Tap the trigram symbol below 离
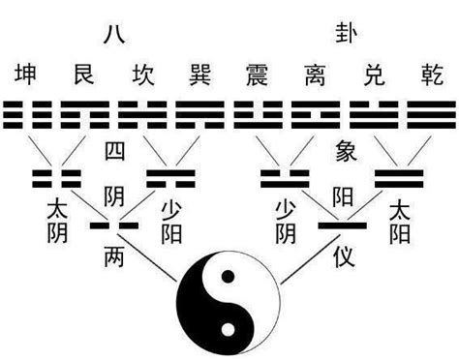pyautogui.click(x=316, y=113)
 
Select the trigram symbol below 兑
pyautogui.click(x=372, y=113)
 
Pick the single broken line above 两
pyautogui.click(x=114, y=225)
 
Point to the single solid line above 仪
pyautogui.click(x=344, y=225)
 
